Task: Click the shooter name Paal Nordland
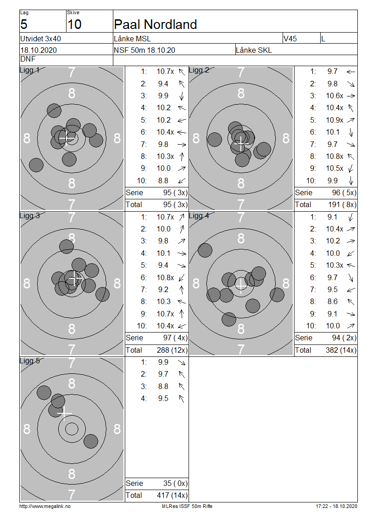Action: [155, 24]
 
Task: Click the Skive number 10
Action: [74, 24]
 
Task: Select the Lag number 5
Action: [24, 24]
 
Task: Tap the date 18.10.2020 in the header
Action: [39, 51]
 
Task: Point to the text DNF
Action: [28, 59]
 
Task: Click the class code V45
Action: [290, 39]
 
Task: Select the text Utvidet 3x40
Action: [40, 39]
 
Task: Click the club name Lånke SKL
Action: [254, 51]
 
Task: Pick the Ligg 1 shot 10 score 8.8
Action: [163, 181]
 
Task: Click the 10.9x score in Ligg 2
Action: [334, 120]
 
